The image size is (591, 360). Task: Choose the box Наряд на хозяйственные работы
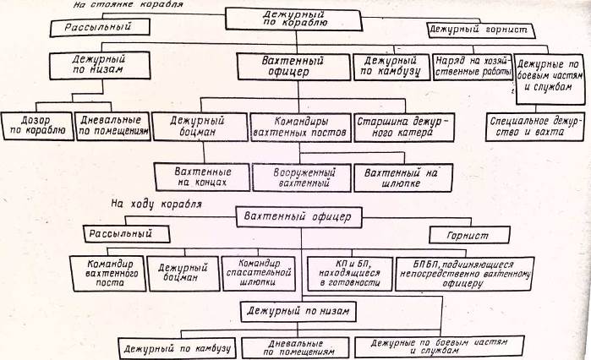[x=472, y=68]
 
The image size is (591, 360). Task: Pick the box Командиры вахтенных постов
[x=299, y=128]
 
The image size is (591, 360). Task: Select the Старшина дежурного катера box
[x=399, y=128]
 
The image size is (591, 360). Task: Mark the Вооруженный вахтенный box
[x=301, y=176]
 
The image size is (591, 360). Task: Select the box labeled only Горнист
[x=470, y=234]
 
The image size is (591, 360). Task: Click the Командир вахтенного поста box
[x=107, y=272]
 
